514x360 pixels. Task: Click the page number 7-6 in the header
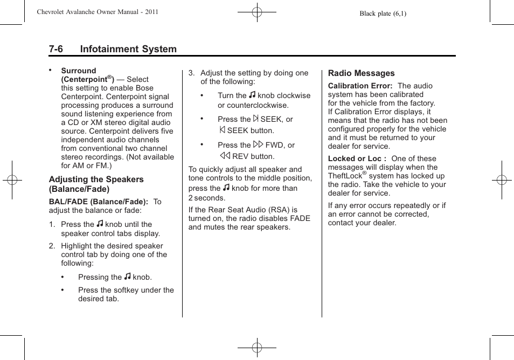tap(56, 49)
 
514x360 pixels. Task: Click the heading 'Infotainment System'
tap(128, 49)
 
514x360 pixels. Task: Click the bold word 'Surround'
tap(79, 71)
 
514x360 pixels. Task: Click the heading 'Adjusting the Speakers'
tap(96, 179)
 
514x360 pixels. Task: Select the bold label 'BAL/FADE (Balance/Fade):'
tap(99, 202)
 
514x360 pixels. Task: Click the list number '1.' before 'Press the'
tap(52, 224)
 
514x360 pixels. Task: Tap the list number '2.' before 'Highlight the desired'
tap(52, 246)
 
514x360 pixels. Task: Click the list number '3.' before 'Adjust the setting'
tap(191, 73)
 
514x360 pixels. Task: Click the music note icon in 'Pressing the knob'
tap(127, 277)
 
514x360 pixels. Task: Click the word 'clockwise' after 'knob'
tap(294, 95)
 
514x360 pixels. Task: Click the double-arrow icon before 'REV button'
tap(224, 156)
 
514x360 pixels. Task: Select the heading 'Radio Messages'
tap(361, 73)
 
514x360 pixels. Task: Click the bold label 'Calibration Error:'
tap(360, 86)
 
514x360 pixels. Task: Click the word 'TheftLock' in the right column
tap(345, 176)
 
